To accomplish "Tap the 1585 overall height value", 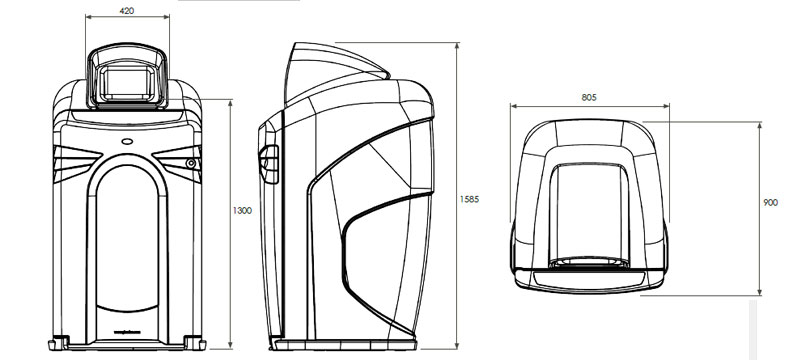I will [470, 198].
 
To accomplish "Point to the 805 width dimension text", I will [589, 98].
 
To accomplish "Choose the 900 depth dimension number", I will [770, 203].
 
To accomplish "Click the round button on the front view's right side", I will [190, 163].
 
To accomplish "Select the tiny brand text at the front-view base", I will [126, 329].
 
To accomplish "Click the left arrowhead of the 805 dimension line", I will [513, 105].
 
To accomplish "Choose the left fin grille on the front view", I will [75, 158].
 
